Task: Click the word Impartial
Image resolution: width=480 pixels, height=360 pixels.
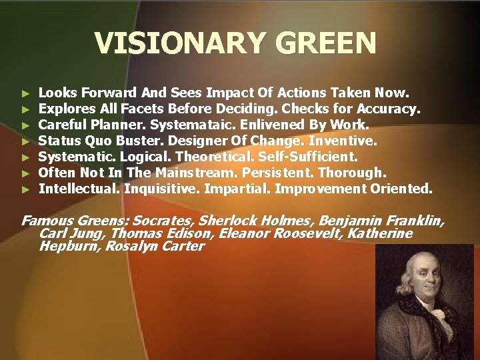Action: point(236,189)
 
